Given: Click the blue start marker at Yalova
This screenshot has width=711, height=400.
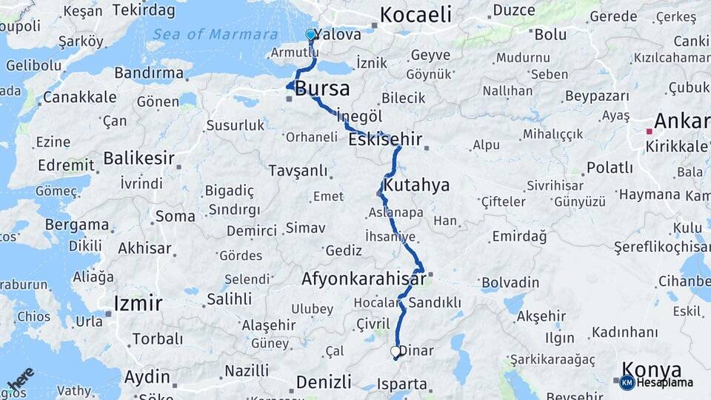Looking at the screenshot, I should (x=310, y=34).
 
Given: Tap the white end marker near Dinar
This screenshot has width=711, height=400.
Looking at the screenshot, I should (x=395, y=352).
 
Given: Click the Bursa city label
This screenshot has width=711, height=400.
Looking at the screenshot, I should (x=322, y=90).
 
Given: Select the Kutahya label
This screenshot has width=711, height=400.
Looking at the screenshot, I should (x=415, y=185).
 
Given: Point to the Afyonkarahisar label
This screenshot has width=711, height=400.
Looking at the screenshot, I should (x=364, y=279).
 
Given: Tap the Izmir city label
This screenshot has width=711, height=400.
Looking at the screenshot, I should (x=138, y=303).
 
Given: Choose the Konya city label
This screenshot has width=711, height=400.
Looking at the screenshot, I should (x=651, y=369).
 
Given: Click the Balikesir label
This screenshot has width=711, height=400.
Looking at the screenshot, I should (x=138, y=158).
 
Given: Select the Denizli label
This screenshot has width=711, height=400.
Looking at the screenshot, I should (x=324, y=381).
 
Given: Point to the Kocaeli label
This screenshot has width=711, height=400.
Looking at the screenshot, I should (x=415, y=14).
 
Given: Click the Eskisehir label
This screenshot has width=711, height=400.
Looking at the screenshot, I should (x=384, y=139).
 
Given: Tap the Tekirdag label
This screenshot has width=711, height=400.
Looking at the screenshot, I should (x=144, y=10).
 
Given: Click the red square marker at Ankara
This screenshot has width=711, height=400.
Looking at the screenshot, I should (x=650, y=131).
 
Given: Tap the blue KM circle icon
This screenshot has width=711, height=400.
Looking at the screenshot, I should (x=627, y=382).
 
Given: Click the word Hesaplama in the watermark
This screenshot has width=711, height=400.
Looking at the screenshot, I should (x=664, y=383).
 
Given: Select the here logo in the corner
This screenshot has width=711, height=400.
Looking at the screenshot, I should (x=21, y=379).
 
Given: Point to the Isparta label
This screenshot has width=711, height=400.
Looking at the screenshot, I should (x=402, y=384).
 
